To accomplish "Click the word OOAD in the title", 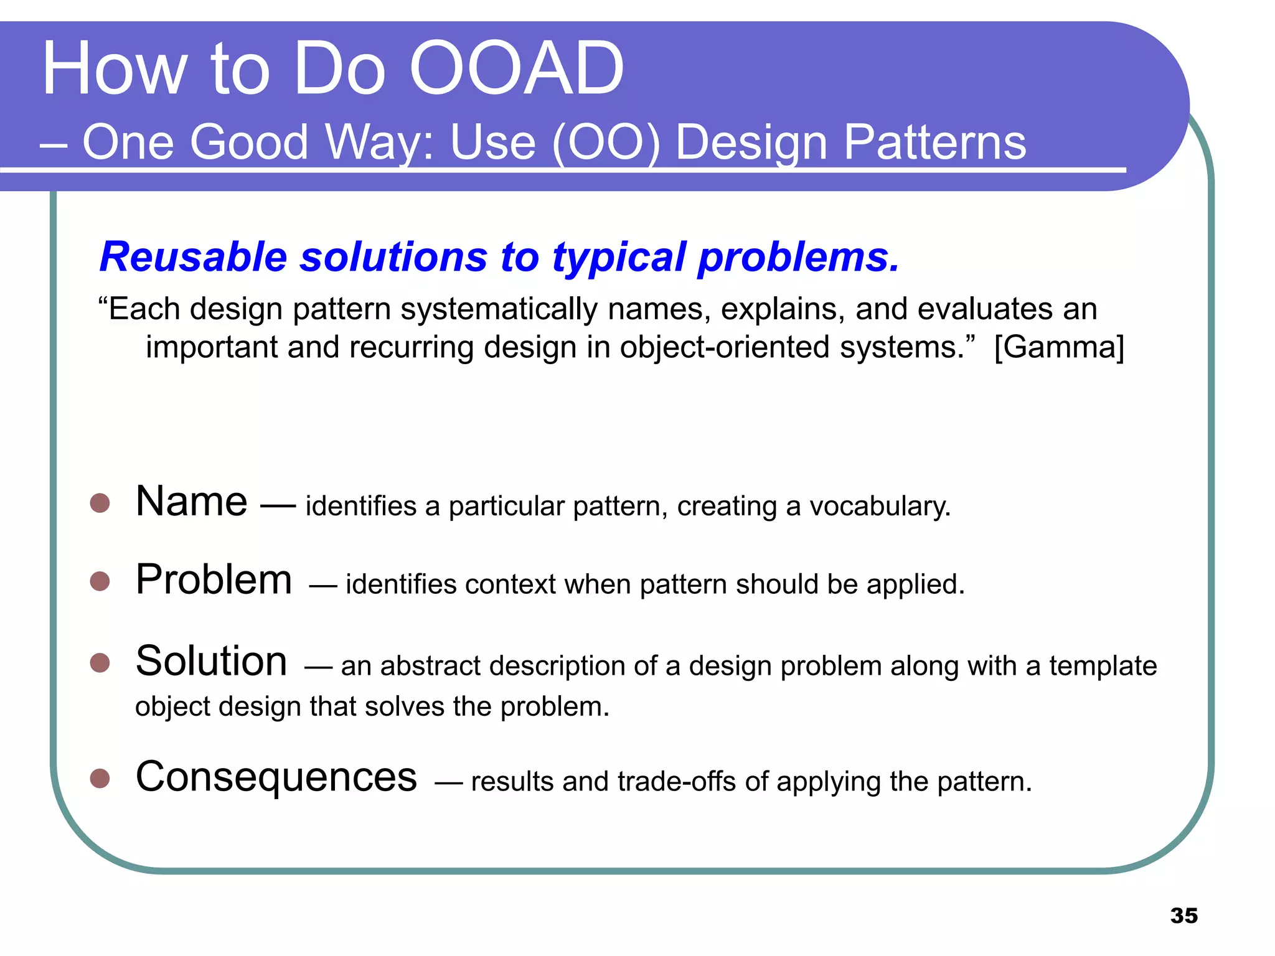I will (515, 68).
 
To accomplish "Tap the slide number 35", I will (1183, 916).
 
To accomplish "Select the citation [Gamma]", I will (1059, 347).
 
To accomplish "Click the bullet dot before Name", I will (100, 503).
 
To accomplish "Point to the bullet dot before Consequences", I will (100, 778).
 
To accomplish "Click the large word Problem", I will (214, 579).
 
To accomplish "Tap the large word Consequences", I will (276, 777).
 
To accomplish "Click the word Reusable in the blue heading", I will (193, 256).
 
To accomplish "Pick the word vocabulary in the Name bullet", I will (879, 506).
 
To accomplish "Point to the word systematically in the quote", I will (499, 309).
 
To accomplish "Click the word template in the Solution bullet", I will (1103, 665).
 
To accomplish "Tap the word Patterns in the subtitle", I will (934, 142).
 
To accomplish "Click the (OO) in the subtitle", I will (606, 142).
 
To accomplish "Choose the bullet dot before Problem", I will (100, 581).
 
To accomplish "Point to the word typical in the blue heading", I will (619, 258).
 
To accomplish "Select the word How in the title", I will (115, 68).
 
